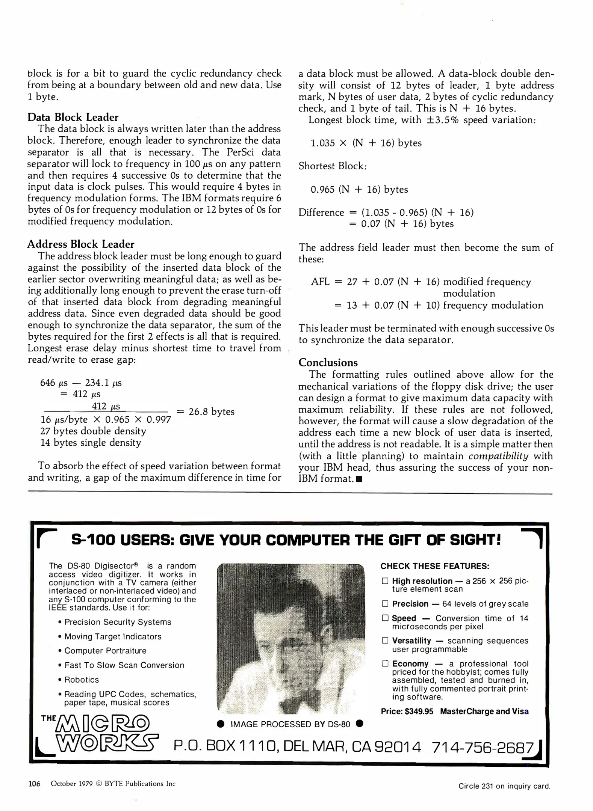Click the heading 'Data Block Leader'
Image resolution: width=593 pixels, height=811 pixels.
pos(73,117)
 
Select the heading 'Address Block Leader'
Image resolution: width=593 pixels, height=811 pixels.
pos(80,244)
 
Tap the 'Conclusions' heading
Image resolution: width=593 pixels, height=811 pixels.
pos(328,362)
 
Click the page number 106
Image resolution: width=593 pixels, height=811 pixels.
pos(34,784)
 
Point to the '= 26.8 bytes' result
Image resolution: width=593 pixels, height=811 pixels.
pos(206,412)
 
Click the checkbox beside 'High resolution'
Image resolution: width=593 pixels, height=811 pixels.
pos(385,581)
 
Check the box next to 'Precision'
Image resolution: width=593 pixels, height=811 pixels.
pos(385,603)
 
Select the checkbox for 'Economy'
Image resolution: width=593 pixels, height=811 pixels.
pos(385,663)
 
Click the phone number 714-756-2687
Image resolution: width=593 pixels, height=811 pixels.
pos(482,747)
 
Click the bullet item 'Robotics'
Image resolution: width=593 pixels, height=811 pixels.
pos(82,680)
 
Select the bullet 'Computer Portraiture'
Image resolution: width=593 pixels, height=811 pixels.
pos(105,651)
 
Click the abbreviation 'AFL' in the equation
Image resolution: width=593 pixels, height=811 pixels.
pos(320,282)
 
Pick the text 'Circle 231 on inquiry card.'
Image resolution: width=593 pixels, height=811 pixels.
pos(504,786)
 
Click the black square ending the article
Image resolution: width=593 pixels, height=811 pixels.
pos(359,479)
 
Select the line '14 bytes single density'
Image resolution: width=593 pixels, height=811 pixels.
pos(91,443)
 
